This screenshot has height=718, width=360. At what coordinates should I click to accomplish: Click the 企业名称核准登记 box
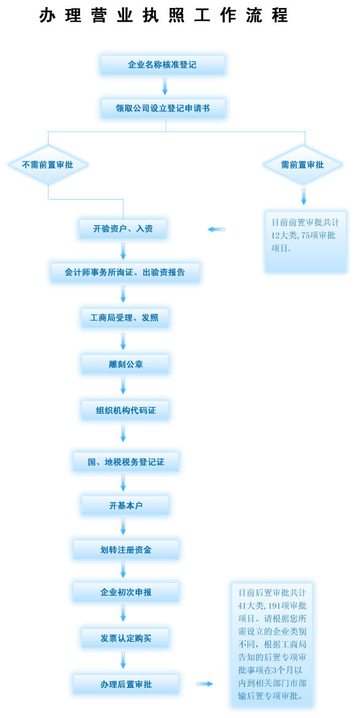click(x=162, y=64)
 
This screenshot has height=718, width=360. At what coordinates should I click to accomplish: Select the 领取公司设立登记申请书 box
click(x=163, y=108)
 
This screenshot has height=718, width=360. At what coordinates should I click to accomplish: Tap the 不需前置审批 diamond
click(x=48, y=165)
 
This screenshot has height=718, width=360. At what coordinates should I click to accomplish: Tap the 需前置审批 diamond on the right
click(x=302, y=165)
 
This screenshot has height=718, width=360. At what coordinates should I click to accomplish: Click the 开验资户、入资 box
click(x=123, y=228)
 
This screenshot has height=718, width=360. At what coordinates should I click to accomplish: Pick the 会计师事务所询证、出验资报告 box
click(x=125, y=271)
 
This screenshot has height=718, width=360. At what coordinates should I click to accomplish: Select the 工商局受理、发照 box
click(x=124, y=318)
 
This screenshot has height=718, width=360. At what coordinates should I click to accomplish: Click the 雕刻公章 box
click(x=125, y=364)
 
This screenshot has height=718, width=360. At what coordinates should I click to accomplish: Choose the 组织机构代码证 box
click(x=125, y=410)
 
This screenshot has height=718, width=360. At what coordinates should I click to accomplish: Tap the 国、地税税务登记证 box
click(x=125, y=462)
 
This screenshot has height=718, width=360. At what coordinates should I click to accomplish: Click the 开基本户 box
click(x=125, y=505)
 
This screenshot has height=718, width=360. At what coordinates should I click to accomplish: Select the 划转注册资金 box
click(x=125, y=550)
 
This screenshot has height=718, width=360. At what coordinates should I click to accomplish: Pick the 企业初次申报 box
click(x=125, y=593)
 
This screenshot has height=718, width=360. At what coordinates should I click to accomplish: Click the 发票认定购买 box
click(x=125, y=638)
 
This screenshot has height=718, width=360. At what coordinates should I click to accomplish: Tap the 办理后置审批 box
click(x=125, y=684)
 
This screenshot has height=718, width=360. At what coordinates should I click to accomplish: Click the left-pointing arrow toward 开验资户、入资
click(x=216, y=229)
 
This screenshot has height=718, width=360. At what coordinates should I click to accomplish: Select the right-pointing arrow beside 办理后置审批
click(x=205, y=684)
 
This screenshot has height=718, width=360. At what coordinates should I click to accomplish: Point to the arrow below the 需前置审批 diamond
click(x=303, y=197)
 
